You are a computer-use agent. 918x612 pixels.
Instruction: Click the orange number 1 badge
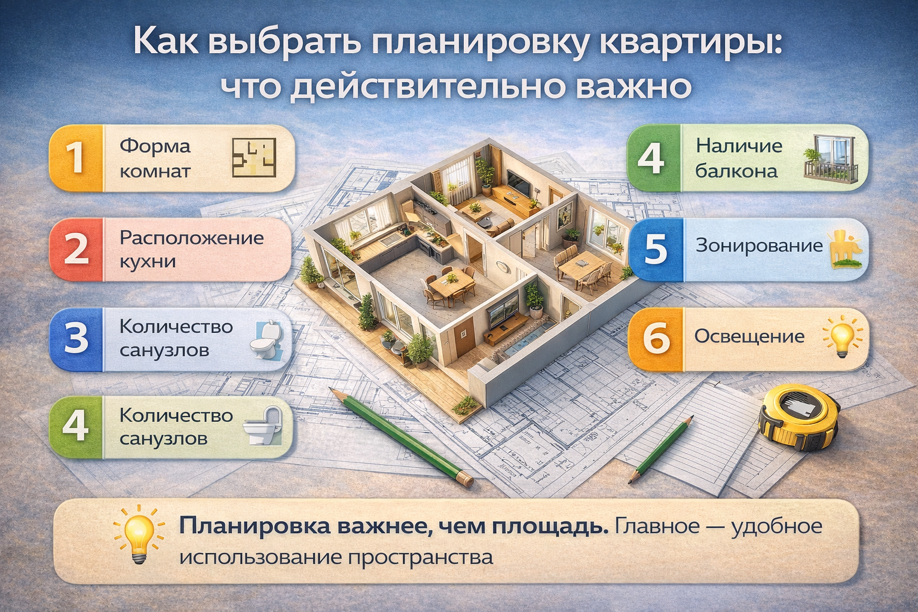coord(75,158)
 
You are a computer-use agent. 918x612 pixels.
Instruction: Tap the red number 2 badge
coord(76,249)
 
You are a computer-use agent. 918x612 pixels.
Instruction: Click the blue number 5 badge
coord(655,249)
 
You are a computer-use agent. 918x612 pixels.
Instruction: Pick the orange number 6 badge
coord(656,338)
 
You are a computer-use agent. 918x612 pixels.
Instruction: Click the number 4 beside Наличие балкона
coord(652,158)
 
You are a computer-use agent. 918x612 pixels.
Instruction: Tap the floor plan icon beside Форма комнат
coord(254,158)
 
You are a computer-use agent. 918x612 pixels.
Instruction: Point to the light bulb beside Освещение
coord(841,336)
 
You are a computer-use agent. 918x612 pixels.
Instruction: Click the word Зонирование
coord(759,246)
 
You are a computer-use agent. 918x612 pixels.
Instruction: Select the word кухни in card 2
coord(148,262)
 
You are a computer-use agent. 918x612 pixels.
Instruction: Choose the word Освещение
coord(749,336)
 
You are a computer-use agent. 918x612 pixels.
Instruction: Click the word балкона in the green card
coord(736,172)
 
